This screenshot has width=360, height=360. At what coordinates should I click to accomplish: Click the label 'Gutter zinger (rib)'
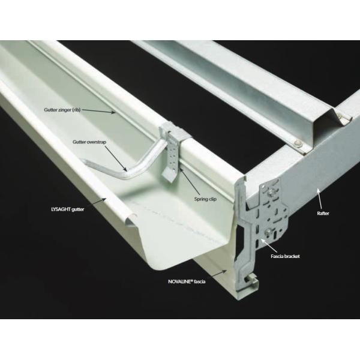[62, 110]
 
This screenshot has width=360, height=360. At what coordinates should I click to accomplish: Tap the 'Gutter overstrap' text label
[89, 142]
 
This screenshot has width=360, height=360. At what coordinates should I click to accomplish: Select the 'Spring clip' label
[205, 199]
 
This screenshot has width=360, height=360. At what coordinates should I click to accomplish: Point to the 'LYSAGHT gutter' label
[67, 209]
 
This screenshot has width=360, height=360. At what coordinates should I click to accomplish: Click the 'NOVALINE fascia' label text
[187, 281]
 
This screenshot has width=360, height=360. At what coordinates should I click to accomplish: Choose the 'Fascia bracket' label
[285, 256]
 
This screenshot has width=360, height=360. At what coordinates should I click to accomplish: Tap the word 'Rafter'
[323, 213]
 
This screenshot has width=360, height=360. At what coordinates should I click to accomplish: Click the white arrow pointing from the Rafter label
[320, 199]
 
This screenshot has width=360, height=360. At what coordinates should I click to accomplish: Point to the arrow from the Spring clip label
[190, 181]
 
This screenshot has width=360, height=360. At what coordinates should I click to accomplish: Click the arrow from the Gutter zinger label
[99, 111]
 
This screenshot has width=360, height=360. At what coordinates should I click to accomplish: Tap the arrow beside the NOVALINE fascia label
[216, 274]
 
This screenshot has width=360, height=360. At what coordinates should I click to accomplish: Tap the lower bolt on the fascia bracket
[268, 233]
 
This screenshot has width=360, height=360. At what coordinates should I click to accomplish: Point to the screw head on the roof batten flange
[298, 143]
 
